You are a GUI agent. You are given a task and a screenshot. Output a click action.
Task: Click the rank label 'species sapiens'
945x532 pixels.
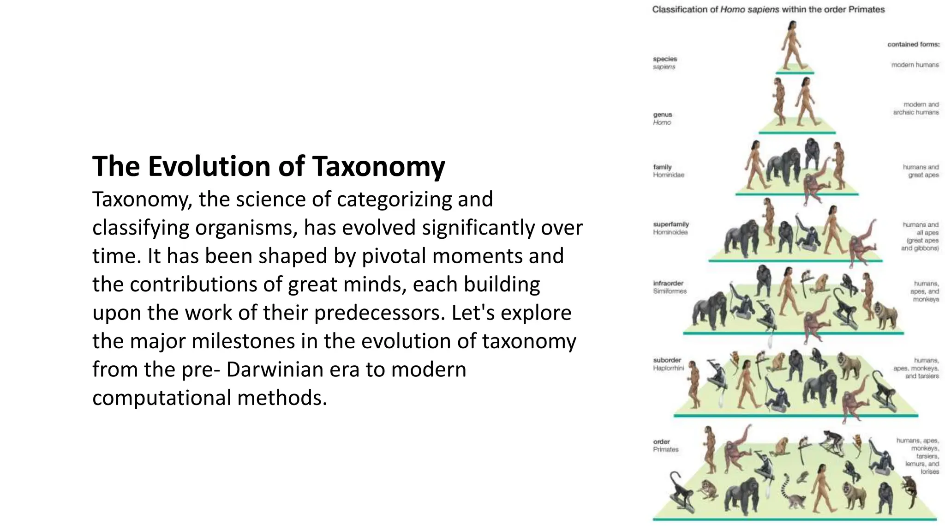click(x=665, y=63)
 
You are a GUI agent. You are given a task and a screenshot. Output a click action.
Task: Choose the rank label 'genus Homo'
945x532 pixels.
click(x=663, y=118)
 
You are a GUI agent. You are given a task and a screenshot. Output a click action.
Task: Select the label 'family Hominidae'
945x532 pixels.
click(x=668, y=171)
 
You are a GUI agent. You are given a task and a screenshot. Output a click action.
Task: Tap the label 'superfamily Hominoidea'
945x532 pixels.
click(x=670, y=228)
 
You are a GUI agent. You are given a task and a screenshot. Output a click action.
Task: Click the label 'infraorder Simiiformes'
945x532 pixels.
click(x=670, y=287)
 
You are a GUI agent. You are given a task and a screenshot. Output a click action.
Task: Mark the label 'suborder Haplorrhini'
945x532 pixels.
click(x=668, y=364)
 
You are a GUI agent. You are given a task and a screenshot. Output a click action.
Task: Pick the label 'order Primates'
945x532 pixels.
click(x=665, y=446)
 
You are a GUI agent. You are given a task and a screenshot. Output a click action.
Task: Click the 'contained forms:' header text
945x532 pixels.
click(x=913, y=45)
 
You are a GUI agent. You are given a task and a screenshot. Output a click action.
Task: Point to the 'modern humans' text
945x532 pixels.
click(x=915, y=65)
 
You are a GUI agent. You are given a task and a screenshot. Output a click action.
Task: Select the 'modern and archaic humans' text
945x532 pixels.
click(x=916, y=109)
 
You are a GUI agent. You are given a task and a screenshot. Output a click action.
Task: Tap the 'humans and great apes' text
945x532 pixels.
click(x=921, y=171)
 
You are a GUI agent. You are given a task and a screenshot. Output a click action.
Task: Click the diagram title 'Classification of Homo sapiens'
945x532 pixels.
click(x=768, y=10)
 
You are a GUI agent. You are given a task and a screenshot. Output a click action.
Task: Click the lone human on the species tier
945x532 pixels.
click(x=794, y=46)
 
